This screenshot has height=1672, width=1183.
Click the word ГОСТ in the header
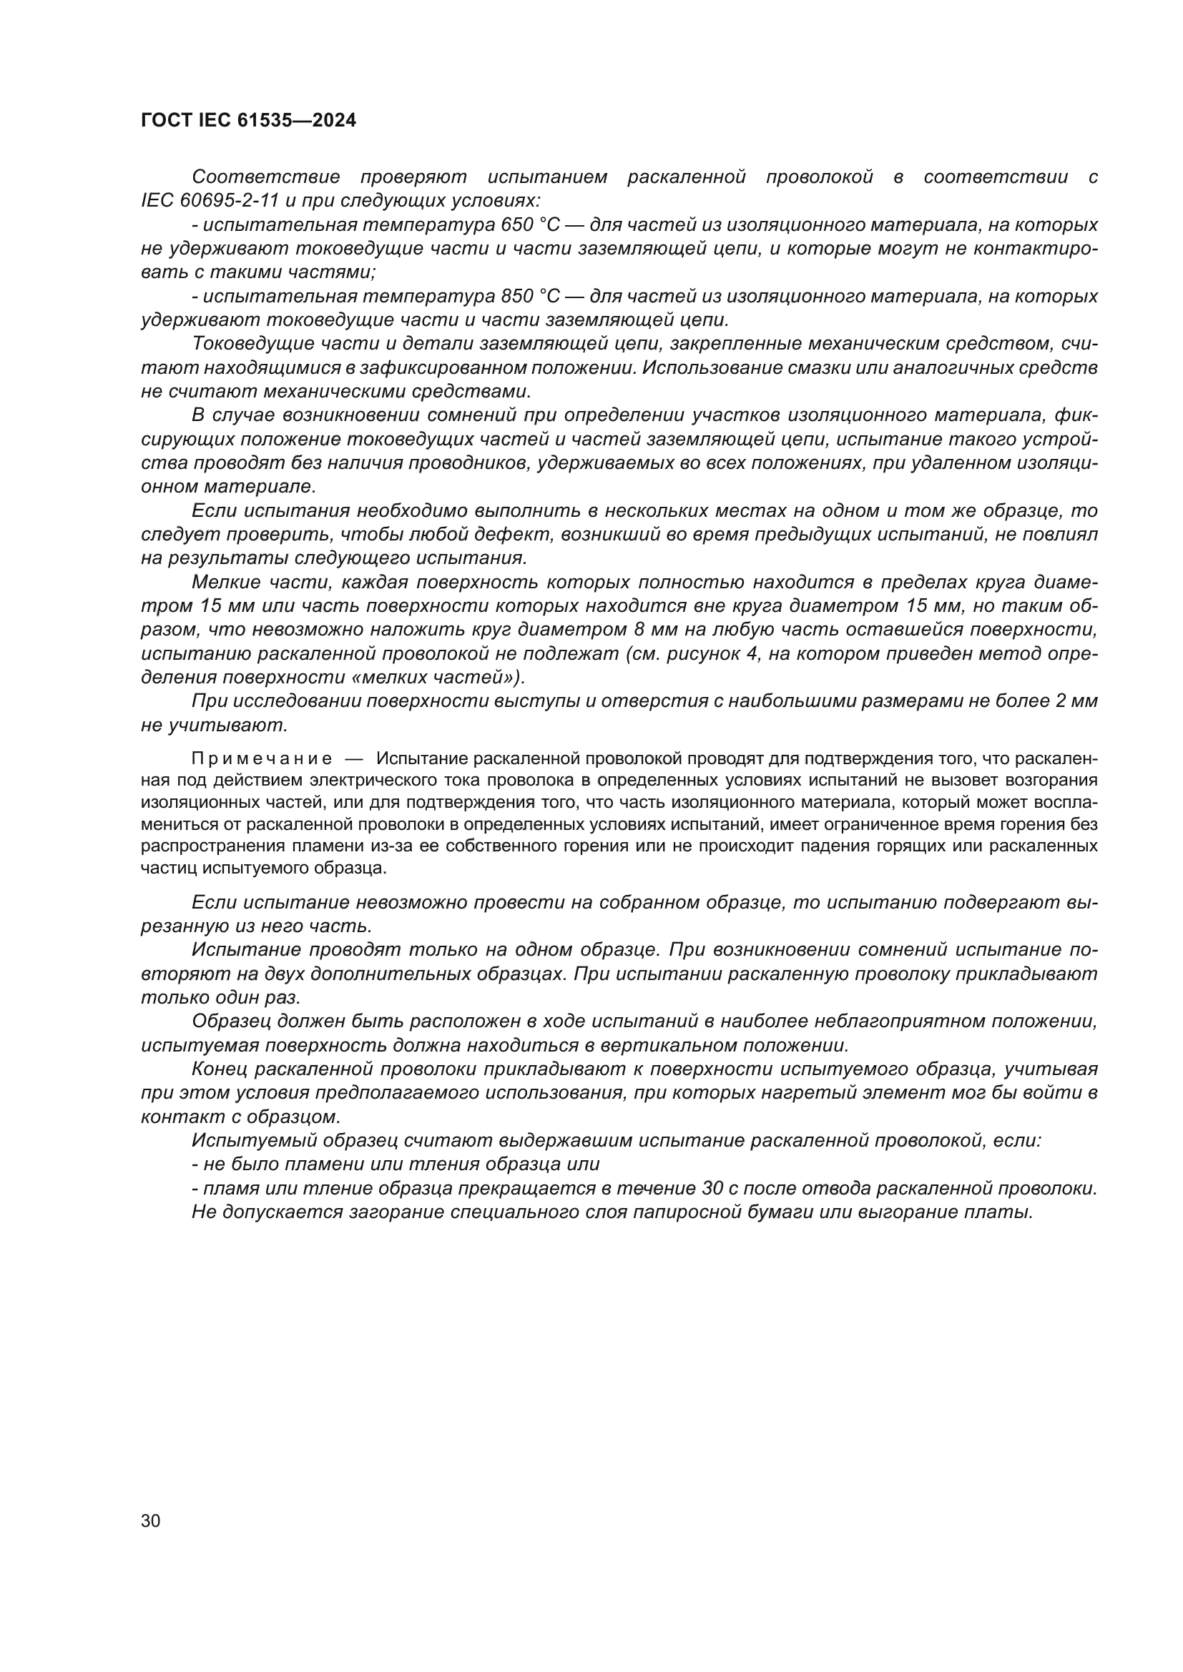click(166, 121)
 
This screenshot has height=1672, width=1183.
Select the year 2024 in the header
click(333, 121)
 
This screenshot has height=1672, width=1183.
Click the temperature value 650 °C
click(529, 224)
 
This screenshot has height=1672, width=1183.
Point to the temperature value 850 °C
click(529, 296)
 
